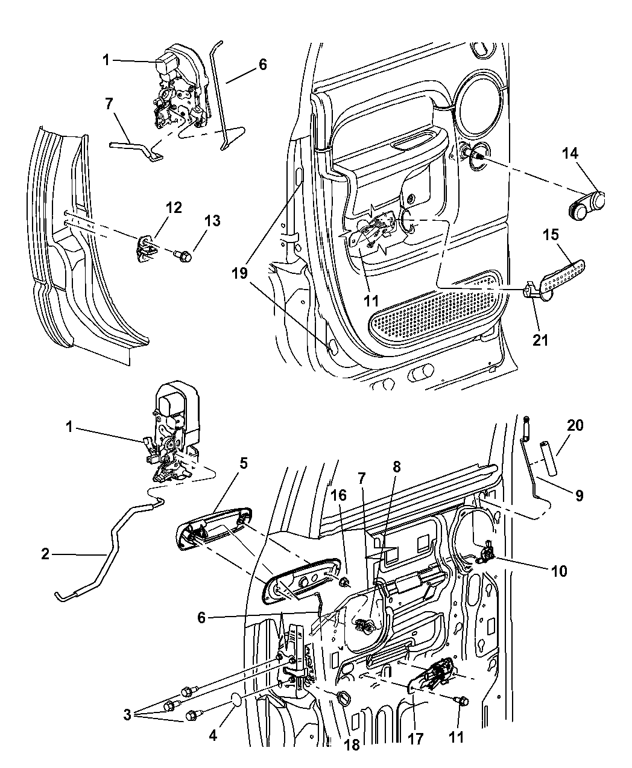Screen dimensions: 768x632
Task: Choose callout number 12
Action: pos(174,208)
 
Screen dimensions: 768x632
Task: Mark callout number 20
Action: pos(575,425)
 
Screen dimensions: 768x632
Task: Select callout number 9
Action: pos(578,496)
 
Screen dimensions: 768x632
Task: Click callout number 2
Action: pos(45,554)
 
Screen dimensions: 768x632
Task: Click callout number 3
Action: pos(127,716)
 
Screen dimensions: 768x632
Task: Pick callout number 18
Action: pos(352,745)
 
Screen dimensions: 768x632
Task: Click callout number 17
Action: pos(416,738)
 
